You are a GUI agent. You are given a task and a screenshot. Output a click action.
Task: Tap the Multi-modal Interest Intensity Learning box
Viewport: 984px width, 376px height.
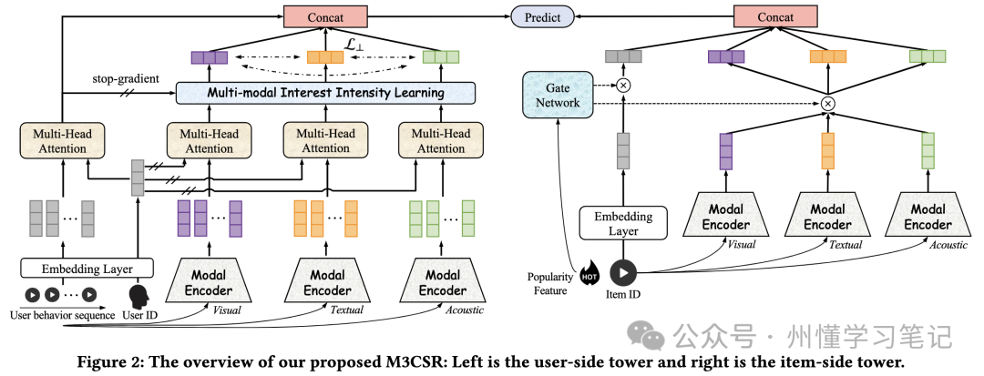(327, 93)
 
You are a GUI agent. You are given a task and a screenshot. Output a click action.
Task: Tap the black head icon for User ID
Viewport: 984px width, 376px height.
(139, 297)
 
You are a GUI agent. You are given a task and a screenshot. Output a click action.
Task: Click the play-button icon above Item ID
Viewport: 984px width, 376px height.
(623, 272)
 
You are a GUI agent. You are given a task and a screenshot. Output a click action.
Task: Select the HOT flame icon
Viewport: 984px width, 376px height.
(589, 272)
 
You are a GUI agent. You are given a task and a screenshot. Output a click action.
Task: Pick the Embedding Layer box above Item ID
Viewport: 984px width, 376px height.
(622, 223)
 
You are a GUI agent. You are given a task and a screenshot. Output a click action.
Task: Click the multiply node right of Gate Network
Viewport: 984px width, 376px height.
(624, 86)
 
